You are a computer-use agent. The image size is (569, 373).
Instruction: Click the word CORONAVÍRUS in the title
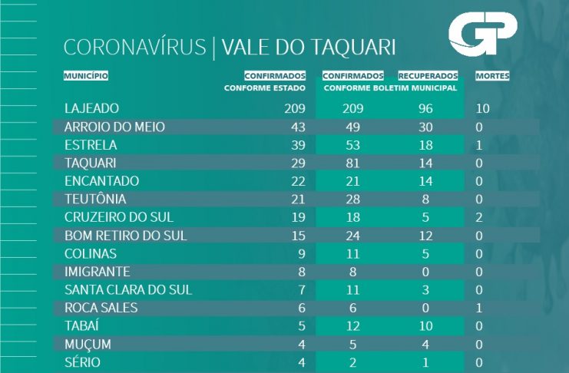tap(134, 48)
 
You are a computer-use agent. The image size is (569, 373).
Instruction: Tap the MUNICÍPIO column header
tap(86, 76)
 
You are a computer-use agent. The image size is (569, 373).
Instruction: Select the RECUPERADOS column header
tap(428, 76)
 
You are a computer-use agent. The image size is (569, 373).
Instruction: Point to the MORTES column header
tap(492, 76)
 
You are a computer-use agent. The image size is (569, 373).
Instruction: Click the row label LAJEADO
tap(92, 108)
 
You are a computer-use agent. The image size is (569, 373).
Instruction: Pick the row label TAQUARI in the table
tap(91, 163)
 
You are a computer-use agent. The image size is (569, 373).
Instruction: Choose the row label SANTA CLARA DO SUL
tap(128, 289)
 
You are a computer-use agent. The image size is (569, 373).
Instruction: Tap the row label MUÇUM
tap(89, 344)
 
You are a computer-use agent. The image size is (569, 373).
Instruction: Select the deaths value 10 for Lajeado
tap(482, 108)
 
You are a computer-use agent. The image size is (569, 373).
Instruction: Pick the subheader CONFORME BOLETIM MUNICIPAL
tap(390, 88)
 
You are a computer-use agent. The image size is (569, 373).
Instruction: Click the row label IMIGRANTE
tap(98, 272)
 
